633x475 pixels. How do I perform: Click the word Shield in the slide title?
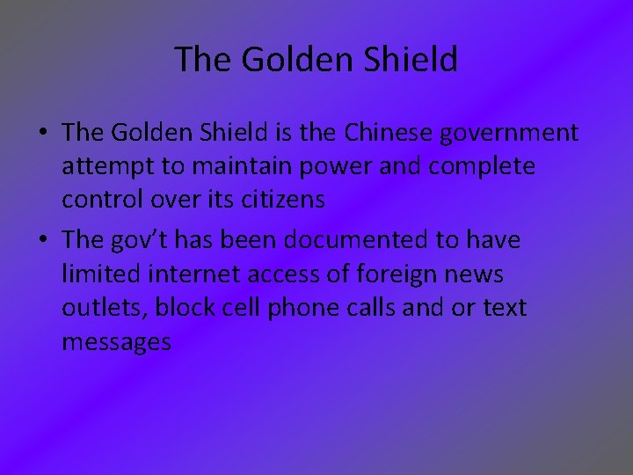(x=412, y=60)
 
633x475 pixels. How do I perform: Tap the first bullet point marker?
(x=42, y=133)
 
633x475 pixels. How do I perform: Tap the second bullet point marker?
(x=42, y=240)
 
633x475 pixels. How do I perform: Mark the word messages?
(x=116, y=342)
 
